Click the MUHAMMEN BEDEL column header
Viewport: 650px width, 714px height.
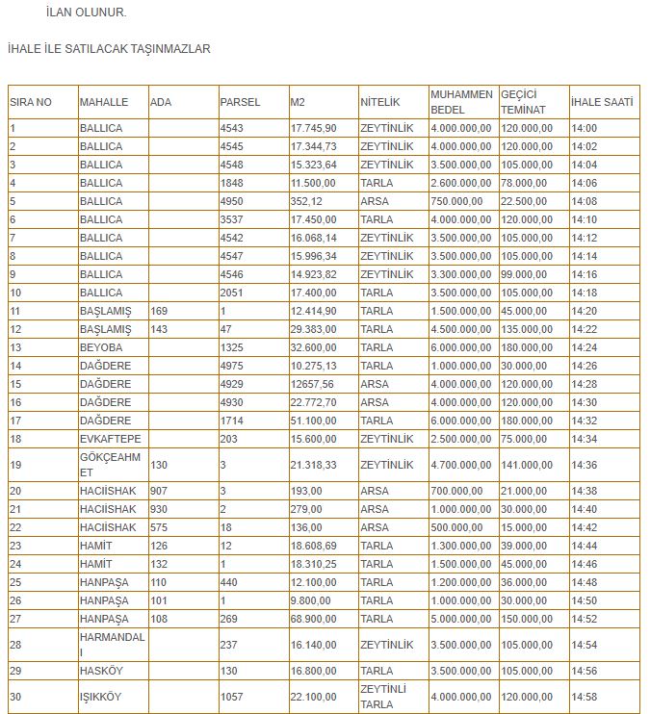click(461, 101)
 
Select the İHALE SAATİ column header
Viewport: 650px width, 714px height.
click(602, 101)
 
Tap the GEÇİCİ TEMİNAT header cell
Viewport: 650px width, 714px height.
click(524, 101)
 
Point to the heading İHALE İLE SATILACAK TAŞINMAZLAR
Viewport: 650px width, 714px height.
click(109, 48)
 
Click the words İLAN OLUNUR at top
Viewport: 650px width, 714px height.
click(86, 13)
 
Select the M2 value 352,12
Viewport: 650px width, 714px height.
click(306, 201)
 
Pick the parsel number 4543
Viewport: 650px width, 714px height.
click(232, 128)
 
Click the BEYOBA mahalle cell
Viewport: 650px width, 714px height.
click(101, 347)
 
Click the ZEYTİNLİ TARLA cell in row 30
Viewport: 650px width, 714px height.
click(383, 696)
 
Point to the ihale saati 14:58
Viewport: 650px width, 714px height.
click(585, 696)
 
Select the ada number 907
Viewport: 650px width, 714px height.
click(159, 491)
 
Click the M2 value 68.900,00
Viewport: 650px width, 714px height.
click(313, 619)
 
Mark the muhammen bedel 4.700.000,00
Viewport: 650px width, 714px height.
click(461, 465)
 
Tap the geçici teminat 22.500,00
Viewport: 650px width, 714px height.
click(524, 201)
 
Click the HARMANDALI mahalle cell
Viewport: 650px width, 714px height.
click(112, 644)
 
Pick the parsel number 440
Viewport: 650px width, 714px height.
click(229, 582)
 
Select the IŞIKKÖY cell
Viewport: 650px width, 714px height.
click(101, 696)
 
